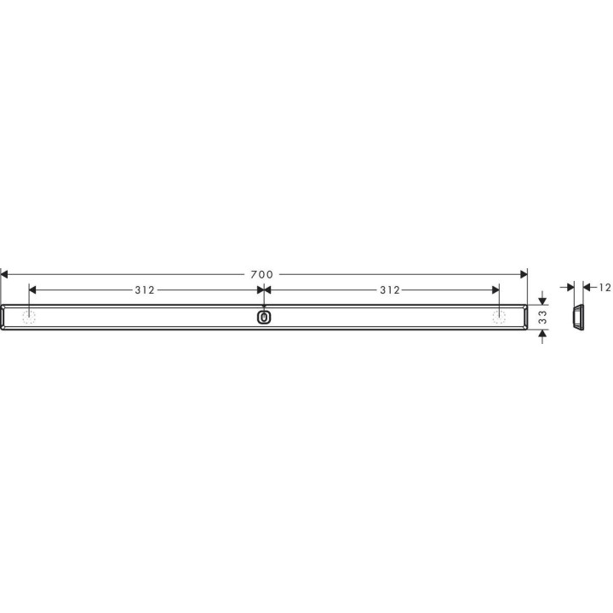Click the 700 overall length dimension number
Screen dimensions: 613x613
(262, 274)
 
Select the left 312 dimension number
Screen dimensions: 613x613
(145, 289)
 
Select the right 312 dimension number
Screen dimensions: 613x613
(389, 289)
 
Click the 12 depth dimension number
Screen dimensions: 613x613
(604, 288)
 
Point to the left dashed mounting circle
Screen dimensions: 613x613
(30, 317)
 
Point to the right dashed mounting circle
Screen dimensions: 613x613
(499, 317)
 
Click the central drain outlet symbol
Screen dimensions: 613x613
(264, 318)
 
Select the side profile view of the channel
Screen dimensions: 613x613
(576, 317)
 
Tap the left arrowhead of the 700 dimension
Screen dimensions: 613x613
(4, 274)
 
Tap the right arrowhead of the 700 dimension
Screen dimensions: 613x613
(524, 274)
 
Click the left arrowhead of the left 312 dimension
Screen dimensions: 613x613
(33, 289)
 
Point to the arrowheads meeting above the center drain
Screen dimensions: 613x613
(264, 289)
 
